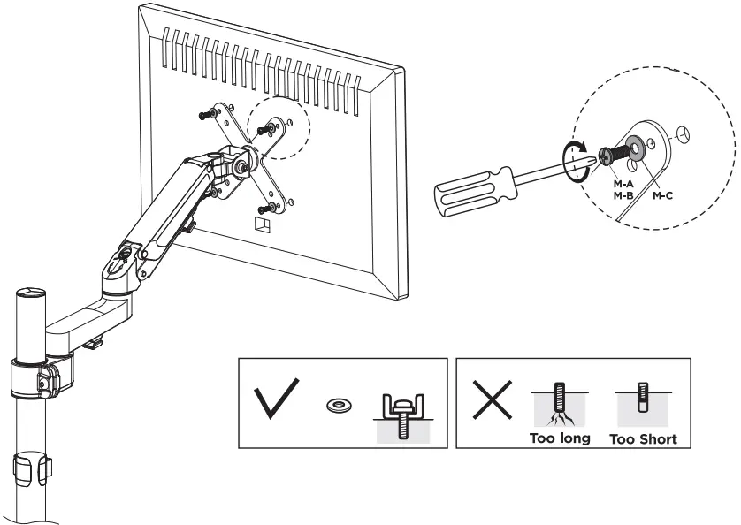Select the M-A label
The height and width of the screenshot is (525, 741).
(622, 183)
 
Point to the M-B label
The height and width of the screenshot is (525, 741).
(622, 195)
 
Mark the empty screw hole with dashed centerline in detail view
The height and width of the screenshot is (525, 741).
(681, 135)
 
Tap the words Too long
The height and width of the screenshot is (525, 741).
(560, 438)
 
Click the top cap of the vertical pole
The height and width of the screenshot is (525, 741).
(30, 293)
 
